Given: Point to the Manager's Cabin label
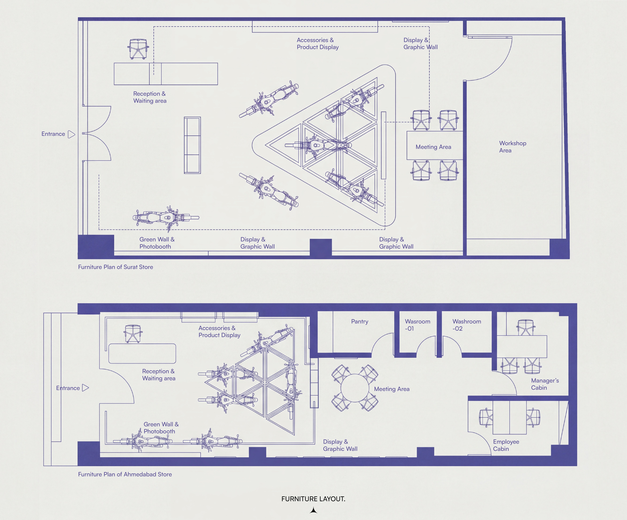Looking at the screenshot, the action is coord(545,384).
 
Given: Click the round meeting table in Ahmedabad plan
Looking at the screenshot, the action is coord(355,388).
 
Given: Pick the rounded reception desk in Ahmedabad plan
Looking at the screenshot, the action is coord(142,353).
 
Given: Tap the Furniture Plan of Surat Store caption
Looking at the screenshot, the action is coord(116,267).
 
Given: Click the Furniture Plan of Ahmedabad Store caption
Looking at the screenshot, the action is coord(125,474).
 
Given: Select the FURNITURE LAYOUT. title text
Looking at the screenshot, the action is coord(313,499).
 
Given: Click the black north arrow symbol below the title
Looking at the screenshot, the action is coord(313,510).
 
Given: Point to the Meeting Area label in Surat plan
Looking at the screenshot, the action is coord(433,147).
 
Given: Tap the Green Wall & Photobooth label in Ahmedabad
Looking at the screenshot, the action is coord(161,428).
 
